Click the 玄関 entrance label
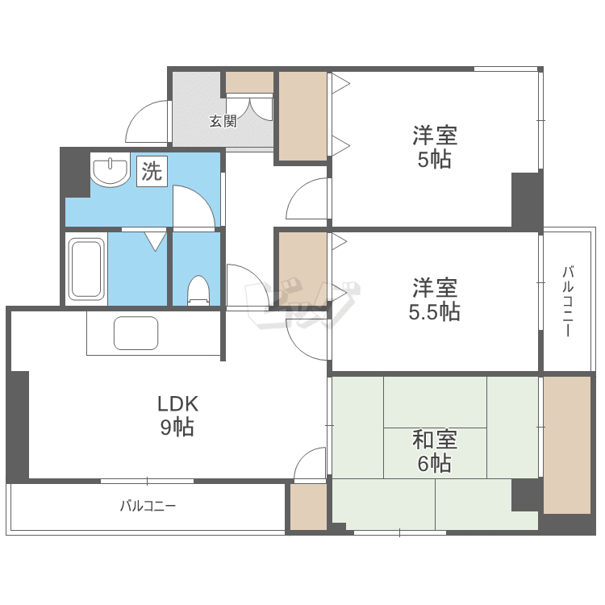tap(223, 122)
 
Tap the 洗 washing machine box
tap(152, 171)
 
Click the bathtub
tap(87, 269)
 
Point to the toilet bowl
tap(198, 290)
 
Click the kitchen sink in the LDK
tap(136, 333)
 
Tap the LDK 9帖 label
tap(177, 416)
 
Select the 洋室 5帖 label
tap(435, 147)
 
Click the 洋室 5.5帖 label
tap(435, 299)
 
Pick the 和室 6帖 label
tap(435, 452)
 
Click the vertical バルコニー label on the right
tap(568, 301)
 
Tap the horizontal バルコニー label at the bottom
tap(148, 506)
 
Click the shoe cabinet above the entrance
tap(249, 82)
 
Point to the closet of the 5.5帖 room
tap(302, 268)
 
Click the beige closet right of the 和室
tap(567, 445)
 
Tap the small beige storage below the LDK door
tap(308, 507)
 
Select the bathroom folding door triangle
tap(156, 241)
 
